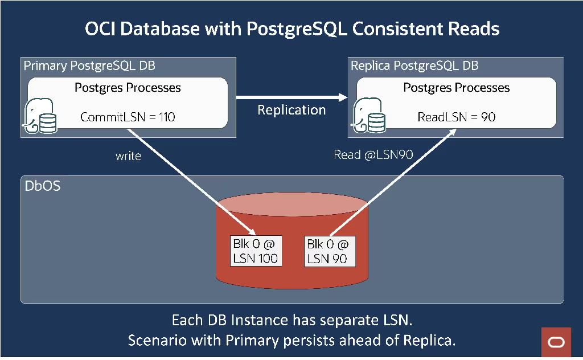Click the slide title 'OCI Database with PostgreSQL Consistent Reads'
[292, 29]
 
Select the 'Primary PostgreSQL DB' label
[89, 66]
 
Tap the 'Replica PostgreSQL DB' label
[414, 66]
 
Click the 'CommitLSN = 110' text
[128, 117]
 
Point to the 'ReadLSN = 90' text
[456, 117]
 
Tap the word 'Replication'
[291, 110]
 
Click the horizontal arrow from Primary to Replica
[291, 97]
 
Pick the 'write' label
[128, 156]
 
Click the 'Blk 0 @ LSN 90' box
[329, 251]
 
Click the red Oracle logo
[556, 342]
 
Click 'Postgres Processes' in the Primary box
[128, 88]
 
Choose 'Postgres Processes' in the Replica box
[456, 88]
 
